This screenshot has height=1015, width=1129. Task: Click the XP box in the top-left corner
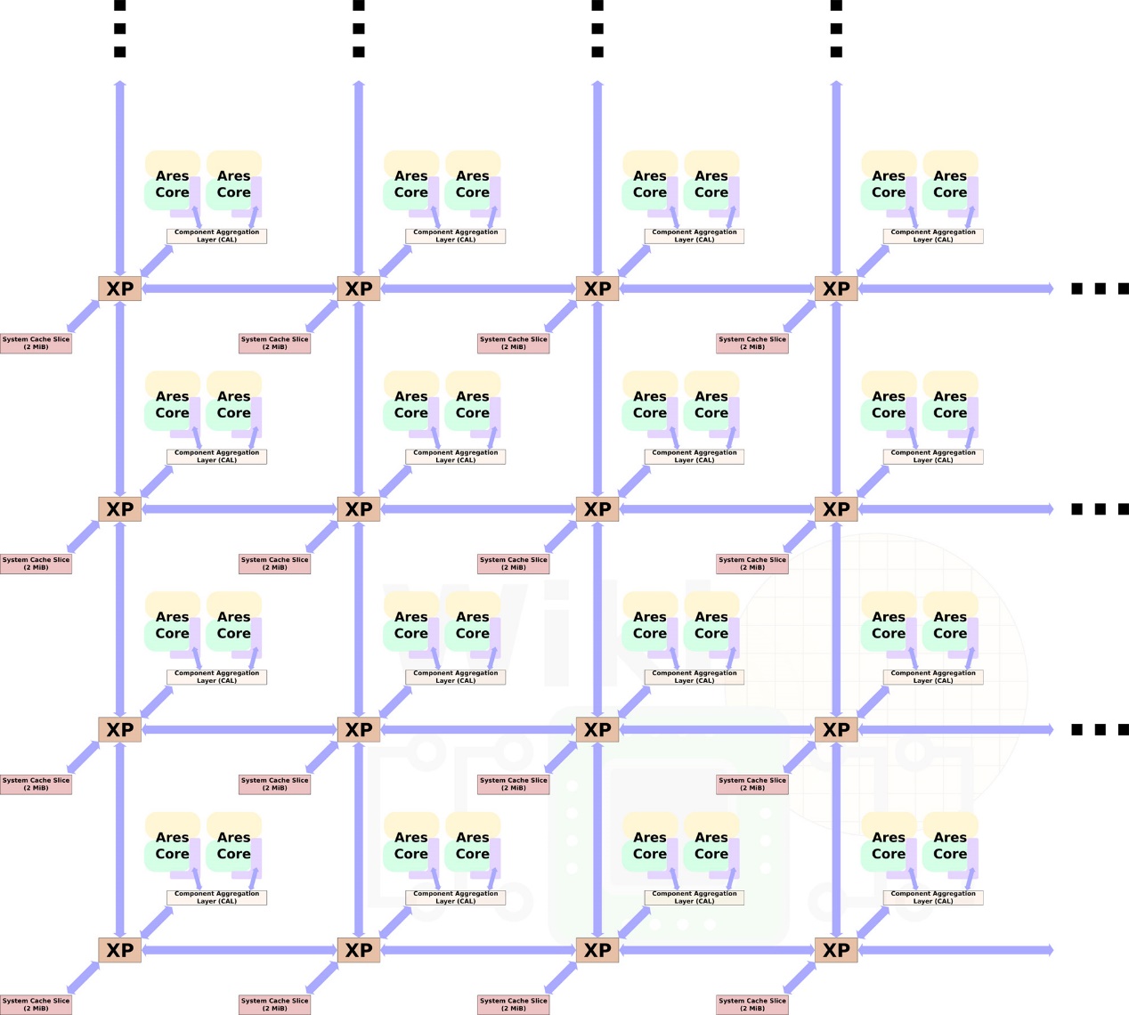pos(120,288)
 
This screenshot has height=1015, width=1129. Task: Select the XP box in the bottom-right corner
pos(836,950)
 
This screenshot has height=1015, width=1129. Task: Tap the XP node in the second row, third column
pos(597,509)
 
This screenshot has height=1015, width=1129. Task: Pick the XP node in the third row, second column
pos(359,729)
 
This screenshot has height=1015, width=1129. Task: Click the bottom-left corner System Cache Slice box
pos(36,1005)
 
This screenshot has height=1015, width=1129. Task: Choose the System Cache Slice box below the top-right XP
pos(752,344)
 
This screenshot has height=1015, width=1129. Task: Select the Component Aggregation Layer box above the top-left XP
pos(216,236)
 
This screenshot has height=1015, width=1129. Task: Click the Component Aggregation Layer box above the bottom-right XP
pos(933,897)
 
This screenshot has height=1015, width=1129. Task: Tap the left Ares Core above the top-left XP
pos(172,183)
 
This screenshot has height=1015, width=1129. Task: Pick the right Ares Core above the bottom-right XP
pos(950,845)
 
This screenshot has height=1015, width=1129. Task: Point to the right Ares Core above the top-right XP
pos(950,183)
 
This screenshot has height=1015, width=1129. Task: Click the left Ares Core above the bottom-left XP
pos(172,845)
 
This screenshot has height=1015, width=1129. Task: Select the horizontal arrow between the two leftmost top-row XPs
pos(240,288)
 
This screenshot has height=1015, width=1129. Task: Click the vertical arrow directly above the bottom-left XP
pos(120,840)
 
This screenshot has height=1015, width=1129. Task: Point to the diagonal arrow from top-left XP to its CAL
pos(157,261)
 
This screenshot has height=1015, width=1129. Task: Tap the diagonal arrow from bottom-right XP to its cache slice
pos(800,978)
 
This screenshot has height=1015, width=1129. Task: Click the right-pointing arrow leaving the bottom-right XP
pos(955,950)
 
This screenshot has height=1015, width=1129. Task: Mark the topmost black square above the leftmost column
pos(120,5)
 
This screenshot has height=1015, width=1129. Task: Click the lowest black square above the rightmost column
pos(836,52)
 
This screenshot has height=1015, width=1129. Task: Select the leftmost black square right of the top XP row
pos(1077,288)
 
